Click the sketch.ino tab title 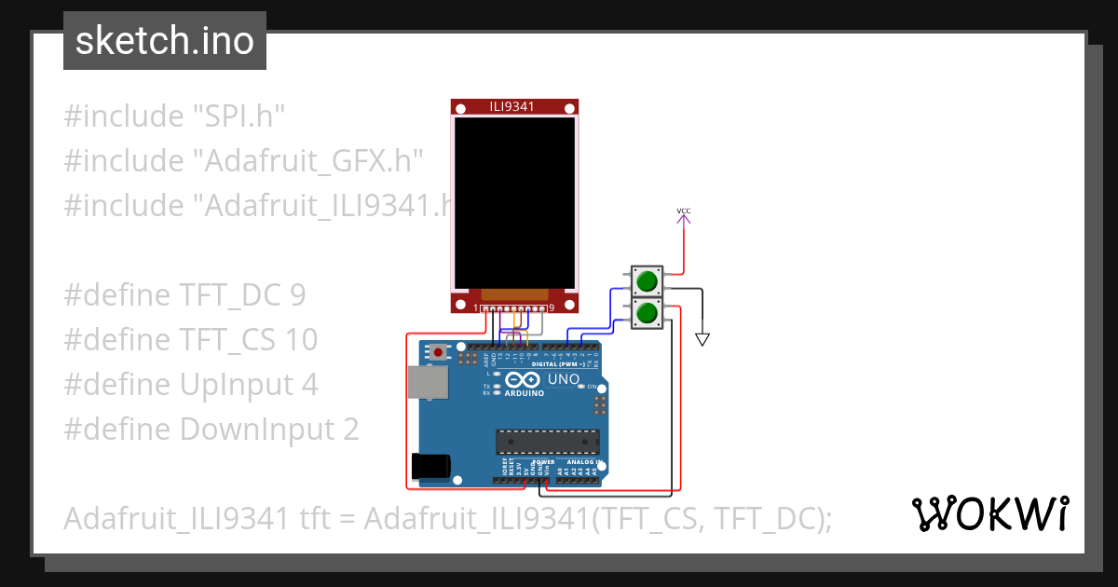pyautogui.click(x=164, y=41)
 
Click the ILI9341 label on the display pyautogui.click(x=512, y=107)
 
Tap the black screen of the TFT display pyautogui.click(x=513, y=201)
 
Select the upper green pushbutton pyautogui.click(x=647, y=280)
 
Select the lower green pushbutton pyautogui.click(x=647, y=313)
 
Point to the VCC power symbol pyautogui.click(x=684, y=213)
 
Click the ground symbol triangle pyautogui.click(x=702, y=339)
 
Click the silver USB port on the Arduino pyautogui.click(x=428, y=382)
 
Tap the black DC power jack pyautogui.click(x=430, y=466)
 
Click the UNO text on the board pyautogui.click(x=563, y=381)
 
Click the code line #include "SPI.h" pyautogui.click(x=174, y=116)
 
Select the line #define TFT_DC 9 pyautogui.click(x=184, y=295)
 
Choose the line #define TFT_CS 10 pyautogui.click(x=191, y=340)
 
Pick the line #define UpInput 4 pyautogui.click(x=191, y=385)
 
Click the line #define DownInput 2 pyautogui.click(x=211, y=430)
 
